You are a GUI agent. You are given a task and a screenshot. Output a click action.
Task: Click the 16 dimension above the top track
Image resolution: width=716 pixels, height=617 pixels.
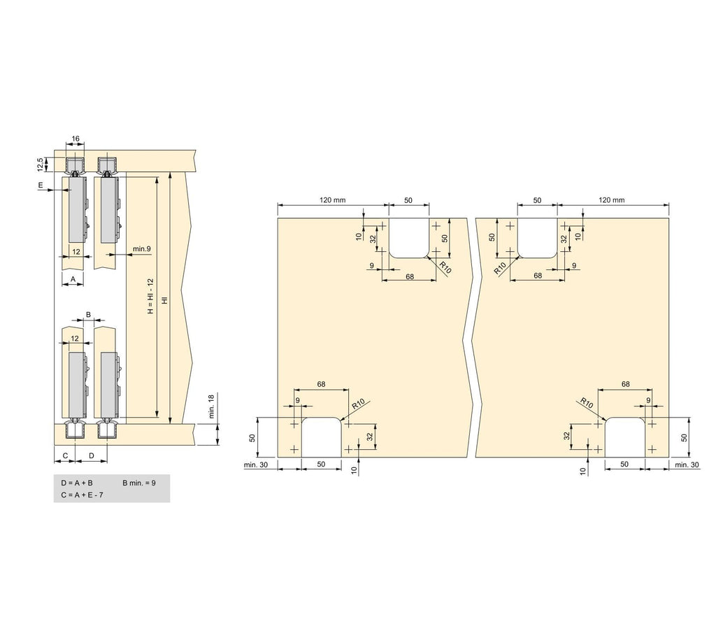76,139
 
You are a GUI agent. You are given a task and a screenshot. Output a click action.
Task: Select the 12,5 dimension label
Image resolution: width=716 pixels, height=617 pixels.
41,164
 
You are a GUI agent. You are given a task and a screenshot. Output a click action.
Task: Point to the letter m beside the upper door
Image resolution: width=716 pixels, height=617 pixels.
41,185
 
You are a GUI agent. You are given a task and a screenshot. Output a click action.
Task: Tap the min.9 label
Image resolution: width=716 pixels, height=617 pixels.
141,249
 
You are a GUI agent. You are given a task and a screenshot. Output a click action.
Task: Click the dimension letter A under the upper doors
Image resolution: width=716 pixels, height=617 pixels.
73,278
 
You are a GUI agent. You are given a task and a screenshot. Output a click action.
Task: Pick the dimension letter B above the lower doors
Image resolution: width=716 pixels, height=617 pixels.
89,315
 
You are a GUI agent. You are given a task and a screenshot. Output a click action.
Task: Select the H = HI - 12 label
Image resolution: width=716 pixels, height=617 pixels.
151,296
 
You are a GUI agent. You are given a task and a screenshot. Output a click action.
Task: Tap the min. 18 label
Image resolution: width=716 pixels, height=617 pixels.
211,406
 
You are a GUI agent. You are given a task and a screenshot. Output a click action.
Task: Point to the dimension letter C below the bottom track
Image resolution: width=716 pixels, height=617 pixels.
65,455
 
